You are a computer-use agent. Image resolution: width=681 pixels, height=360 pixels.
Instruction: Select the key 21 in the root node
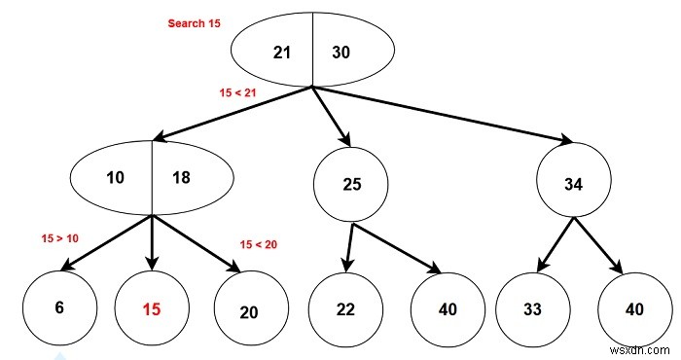(282, 52)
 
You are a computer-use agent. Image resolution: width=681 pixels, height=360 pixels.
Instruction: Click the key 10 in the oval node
(116, 177)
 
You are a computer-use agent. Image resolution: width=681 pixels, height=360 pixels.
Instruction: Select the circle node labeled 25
(351, 184)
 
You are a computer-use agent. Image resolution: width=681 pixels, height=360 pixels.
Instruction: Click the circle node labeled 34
(574, 184)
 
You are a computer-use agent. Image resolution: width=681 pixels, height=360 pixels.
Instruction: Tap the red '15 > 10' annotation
(60, 237)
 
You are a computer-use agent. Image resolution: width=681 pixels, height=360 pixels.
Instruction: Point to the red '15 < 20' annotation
(258, 244)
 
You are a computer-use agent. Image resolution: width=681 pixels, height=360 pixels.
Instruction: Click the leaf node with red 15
(152, 309)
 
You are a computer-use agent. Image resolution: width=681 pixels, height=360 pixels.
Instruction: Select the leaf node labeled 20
(249, 311)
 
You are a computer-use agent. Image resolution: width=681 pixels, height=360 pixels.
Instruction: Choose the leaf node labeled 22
(345, 309)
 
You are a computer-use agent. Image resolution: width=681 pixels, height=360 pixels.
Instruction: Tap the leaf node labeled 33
(532, 309)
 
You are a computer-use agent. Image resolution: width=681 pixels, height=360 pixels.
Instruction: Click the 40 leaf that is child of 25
(447, 309)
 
